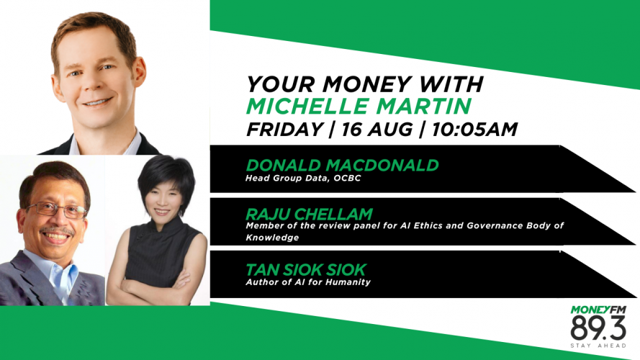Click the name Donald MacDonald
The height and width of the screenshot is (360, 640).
tap(342, 166)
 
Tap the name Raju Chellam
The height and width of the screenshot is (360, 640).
tap(309, 215)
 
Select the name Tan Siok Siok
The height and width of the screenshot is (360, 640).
tap(306, 270)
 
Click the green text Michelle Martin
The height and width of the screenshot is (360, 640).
tap(359, 106)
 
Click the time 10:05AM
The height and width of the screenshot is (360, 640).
tap(474, 130)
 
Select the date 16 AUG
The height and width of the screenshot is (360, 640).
tap(377, 130)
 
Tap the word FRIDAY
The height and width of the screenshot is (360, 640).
tap(285, 130)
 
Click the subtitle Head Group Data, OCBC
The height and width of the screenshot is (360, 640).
tap(303, 179)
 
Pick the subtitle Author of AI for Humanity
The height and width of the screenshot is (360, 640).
tap(307, 282)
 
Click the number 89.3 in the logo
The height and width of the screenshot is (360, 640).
tap(598, 328)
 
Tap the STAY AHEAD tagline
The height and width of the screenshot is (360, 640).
tap(598, 346)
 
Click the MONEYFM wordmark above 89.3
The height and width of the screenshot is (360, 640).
tap(598, 310)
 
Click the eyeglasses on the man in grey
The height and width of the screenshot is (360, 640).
tap(57, 210)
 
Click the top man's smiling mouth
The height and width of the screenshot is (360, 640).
tap(97, 102)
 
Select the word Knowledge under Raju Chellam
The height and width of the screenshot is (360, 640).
tap(272, 238)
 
